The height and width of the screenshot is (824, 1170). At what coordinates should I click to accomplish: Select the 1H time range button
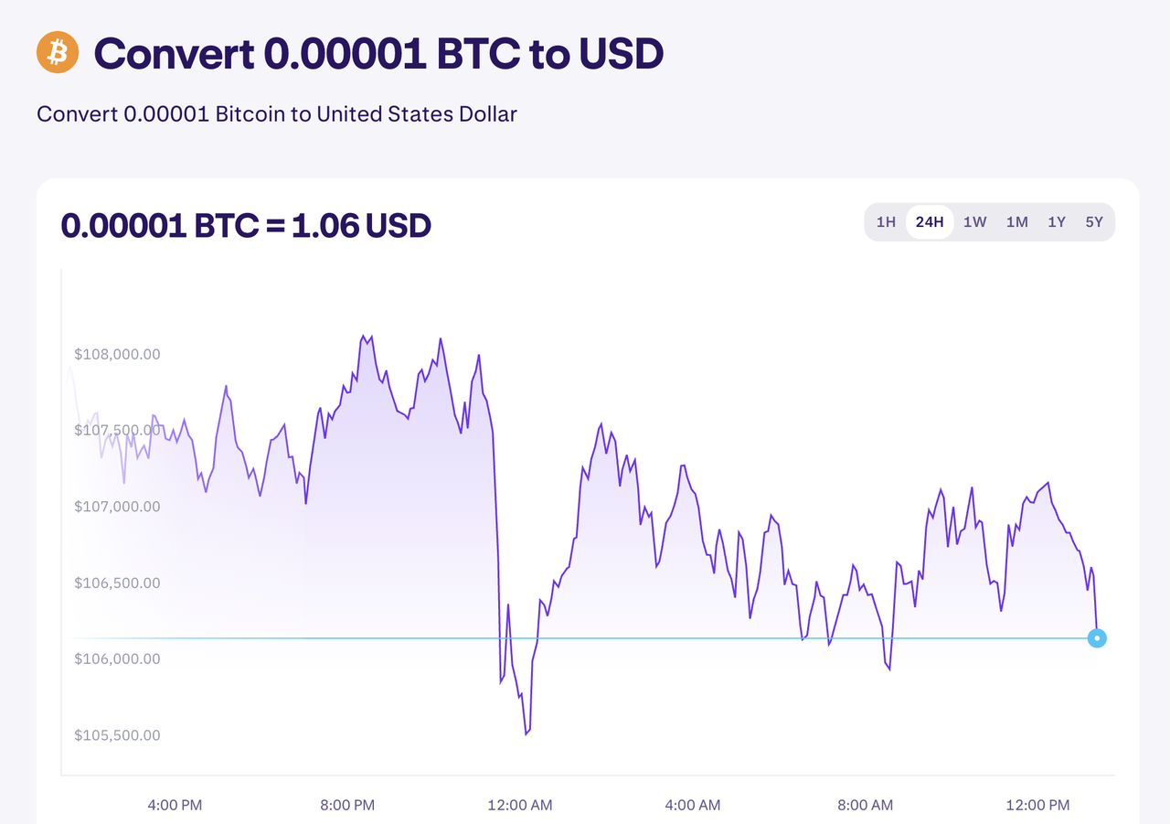tap(886, 222)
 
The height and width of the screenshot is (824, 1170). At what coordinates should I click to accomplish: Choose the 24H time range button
tap(930, 222)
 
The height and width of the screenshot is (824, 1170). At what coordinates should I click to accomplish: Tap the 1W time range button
tap(974, 222)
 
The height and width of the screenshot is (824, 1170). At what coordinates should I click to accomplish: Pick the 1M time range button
tap(1016, 222)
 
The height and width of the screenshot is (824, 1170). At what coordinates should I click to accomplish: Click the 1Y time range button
tap(1057, 222)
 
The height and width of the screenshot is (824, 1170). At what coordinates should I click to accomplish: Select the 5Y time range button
tap(1094, 222)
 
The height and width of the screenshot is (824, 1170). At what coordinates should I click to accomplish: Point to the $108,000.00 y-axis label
tap(117, 354)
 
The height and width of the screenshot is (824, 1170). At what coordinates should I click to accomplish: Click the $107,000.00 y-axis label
tap(117, 507)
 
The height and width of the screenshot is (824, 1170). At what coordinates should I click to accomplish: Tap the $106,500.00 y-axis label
tap(117, 583)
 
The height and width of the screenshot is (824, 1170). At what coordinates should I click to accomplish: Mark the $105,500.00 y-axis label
tap(117, 735)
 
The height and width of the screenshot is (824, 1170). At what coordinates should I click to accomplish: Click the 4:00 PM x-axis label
tap(175, 805)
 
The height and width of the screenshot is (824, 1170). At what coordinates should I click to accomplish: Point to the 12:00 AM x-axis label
tap(519, 805)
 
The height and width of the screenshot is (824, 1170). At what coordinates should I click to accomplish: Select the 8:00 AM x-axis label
tap(865, 805)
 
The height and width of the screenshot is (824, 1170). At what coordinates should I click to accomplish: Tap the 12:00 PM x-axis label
tap(1037, 805)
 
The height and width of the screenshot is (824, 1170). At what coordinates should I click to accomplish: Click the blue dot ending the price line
tap(1097, 638)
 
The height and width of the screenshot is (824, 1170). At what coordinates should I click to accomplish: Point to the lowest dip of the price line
tap(526, 733)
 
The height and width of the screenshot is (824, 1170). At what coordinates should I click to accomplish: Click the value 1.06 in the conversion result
tap(324, 225)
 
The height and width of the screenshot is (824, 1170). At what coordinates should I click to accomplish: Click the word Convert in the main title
tap(174, 55)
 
